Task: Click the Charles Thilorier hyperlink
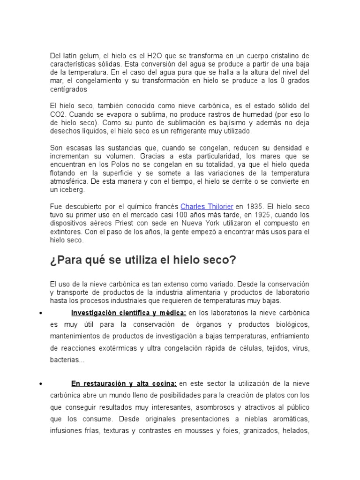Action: pos(207,206)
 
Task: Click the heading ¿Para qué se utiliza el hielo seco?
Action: pos(143,260)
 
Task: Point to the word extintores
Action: pos(66,231)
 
